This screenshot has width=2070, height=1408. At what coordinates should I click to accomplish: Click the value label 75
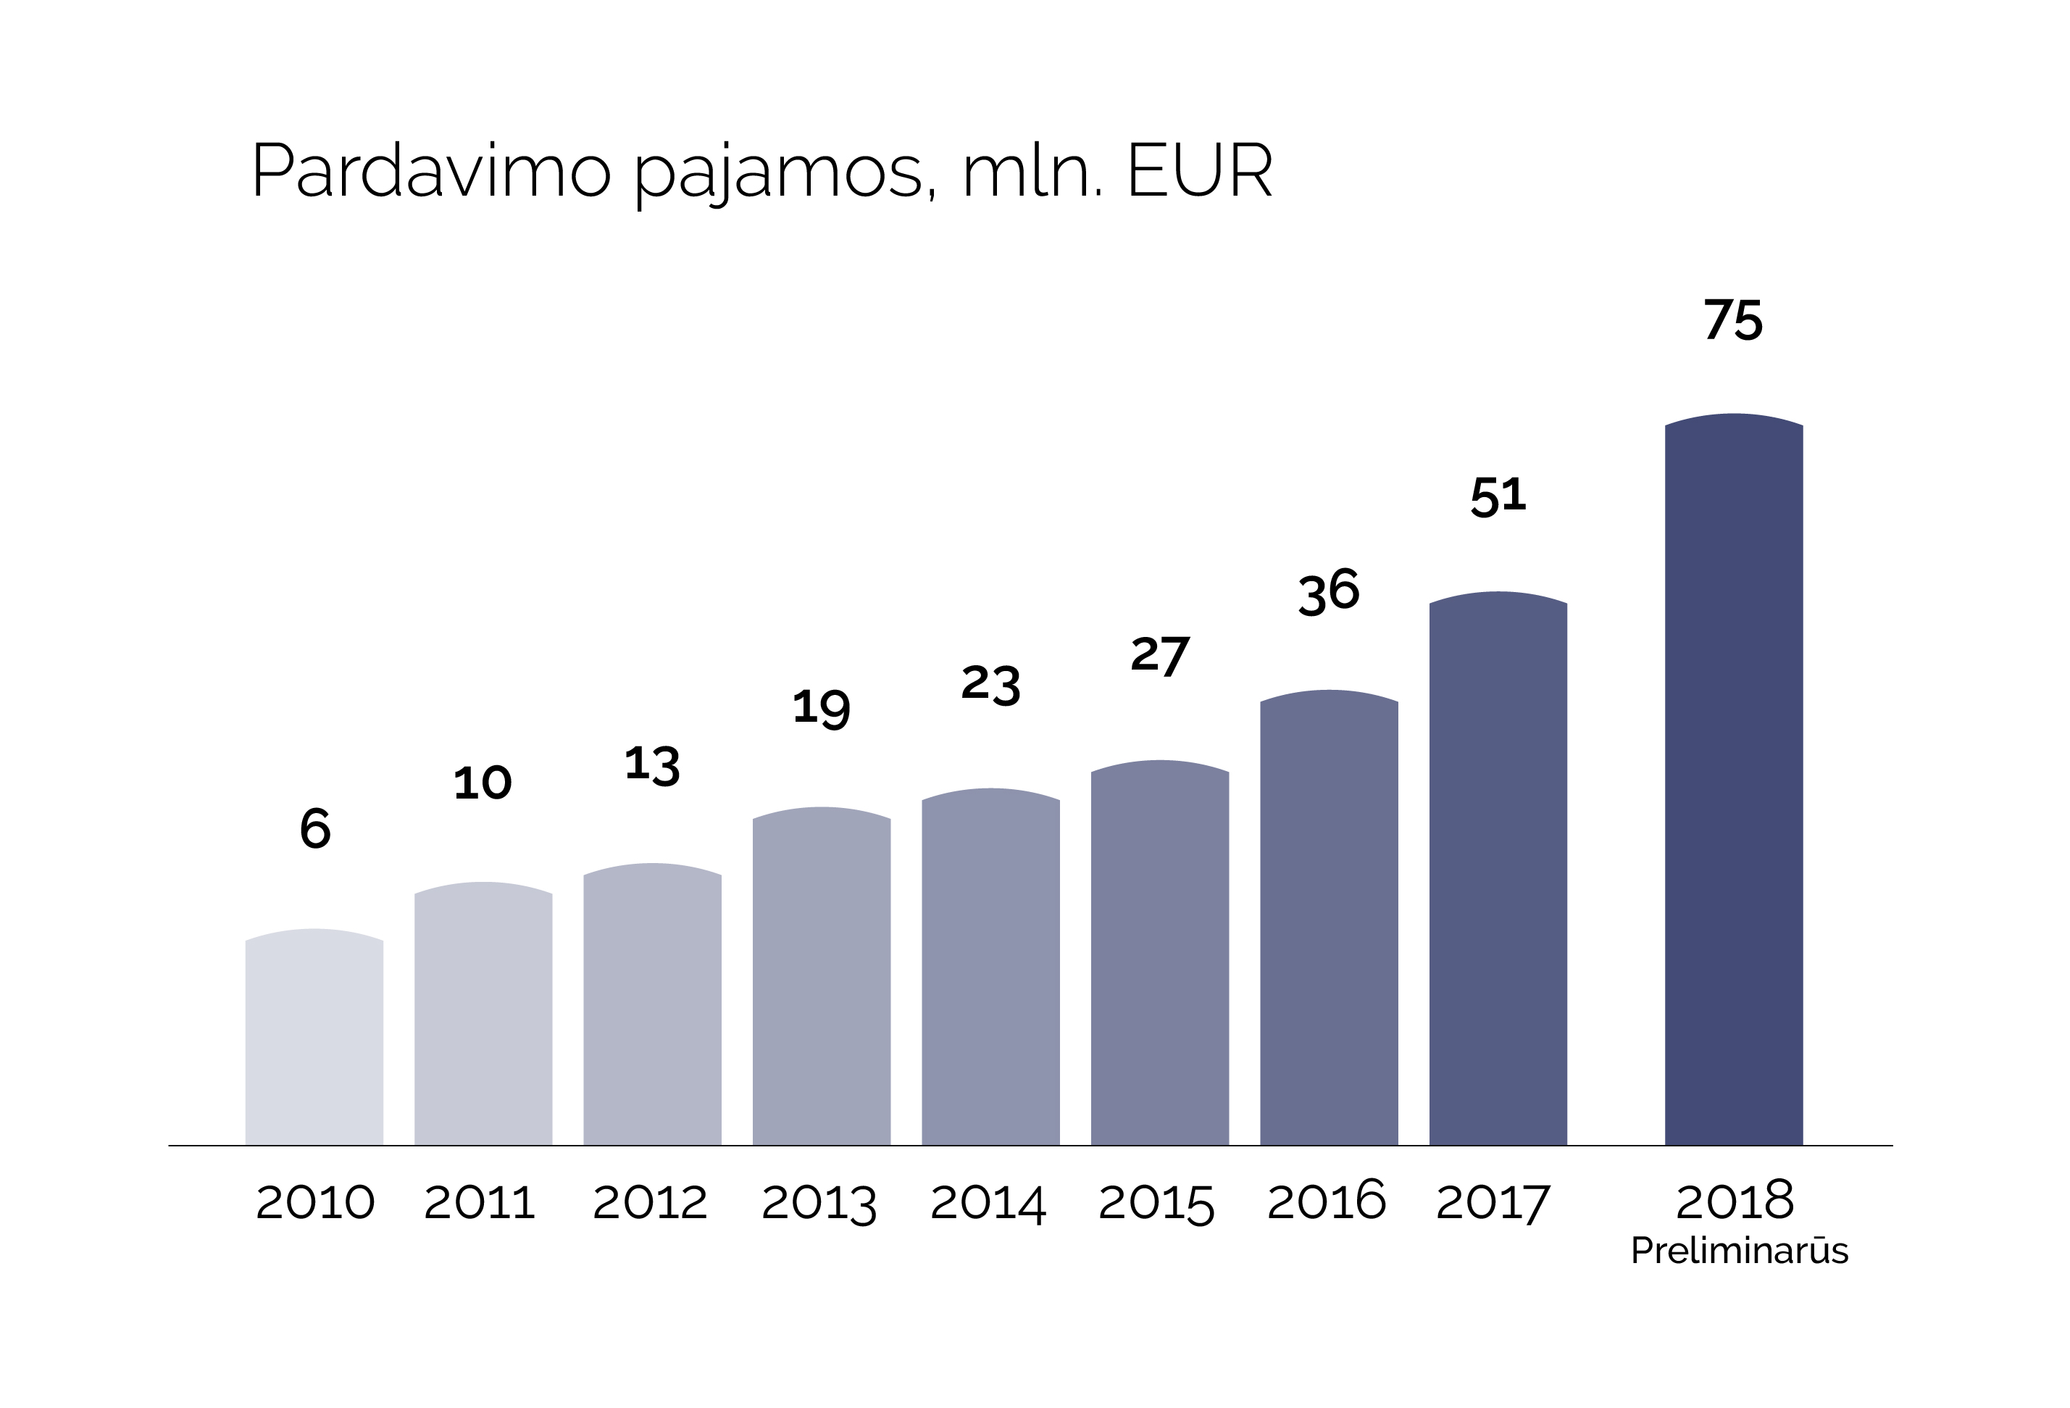tap(1732, 320)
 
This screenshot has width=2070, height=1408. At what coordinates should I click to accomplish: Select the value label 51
tap(1498, 496)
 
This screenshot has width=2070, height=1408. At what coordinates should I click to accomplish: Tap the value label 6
tap(315, 828)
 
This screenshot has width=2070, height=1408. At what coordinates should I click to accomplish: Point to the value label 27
tap(1160, 657)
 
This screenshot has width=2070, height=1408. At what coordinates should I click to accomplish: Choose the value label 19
tap(820, 708)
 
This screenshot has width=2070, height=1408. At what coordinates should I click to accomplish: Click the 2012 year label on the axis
tap(649, 1202)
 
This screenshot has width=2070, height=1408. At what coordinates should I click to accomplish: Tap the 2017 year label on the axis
tap(1493, 1202)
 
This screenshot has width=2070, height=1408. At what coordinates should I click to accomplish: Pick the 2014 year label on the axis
tap(988, 1203)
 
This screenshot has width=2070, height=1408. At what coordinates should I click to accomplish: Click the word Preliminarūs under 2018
tap(1739, 1251)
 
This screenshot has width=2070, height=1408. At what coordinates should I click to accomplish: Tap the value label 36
tap(1328, 591)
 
